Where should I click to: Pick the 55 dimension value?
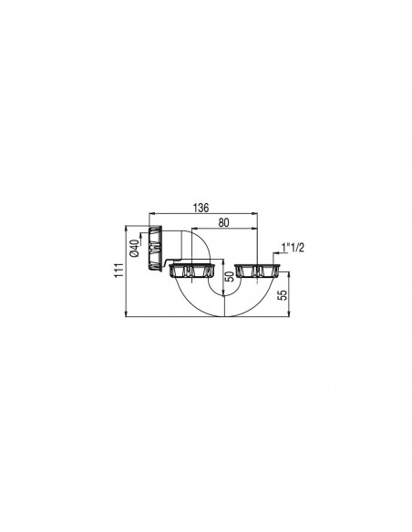tap(283, 295)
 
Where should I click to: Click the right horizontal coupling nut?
tap(256, 271)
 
